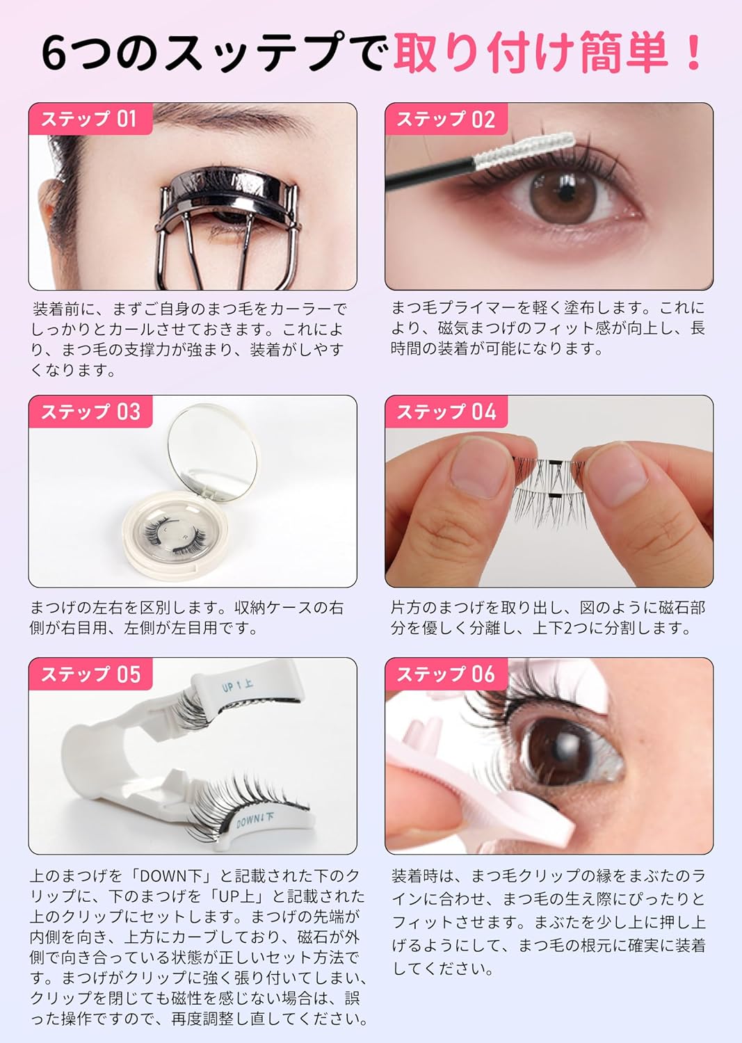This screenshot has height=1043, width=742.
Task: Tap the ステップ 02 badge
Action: click(x=446, y=119)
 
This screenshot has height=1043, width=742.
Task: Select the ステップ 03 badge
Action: click(x=90, y=412)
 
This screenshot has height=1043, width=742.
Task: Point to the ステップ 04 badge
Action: click(x=446, y=412)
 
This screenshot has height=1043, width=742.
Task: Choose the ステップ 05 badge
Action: click(x=90, y=674)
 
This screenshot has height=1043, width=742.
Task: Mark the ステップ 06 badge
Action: click(x=446, y=674)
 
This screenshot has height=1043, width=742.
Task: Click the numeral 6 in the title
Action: click(x=55, y=54)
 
